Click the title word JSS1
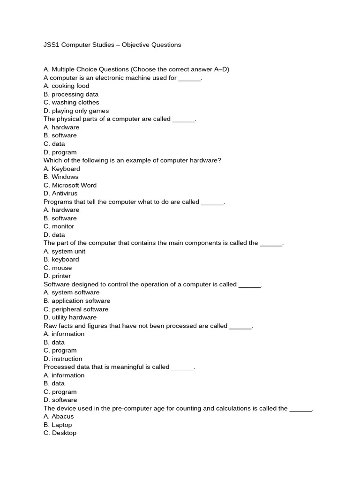[52, 45]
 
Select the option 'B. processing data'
[71, 94]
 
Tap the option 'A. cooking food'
[66, 86]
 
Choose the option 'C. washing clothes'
[71, 102]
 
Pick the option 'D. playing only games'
[76, 111]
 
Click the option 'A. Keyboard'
[62, 169]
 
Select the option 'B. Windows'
[61, 177]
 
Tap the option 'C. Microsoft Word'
[70, 185]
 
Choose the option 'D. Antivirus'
[60, 193]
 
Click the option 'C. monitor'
[59, 226]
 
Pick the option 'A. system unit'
[64, 251]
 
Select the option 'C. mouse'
[58, 268]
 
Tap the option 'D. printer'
[57, 276]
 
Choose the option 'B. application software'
[77, 301]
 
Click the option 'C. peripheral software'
[76, 309]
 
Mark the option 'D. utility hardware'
[70, 317]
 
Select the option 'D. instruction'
[63, 359]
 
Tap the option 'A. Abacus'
[59, 416]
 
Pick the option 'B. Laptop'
[58, 425]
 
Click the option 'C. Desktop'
[60, 433]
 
